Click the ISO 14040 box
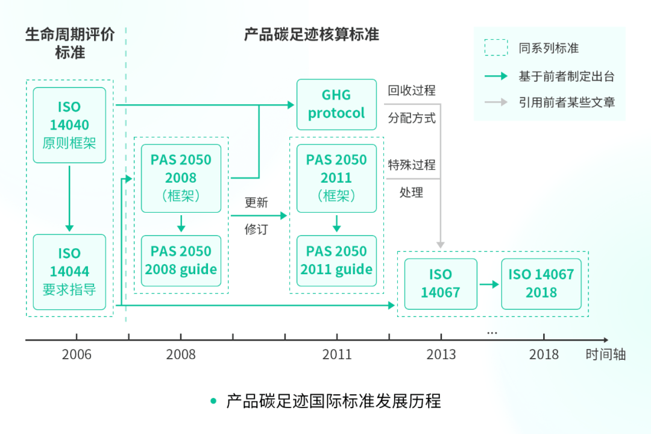coord(69,125)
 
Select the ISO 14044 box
coord(69,272)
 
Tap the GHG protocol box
coord(336,104)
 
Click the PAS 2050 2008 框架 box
coord(181,178)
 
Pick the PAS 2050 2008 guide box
coord(181,260)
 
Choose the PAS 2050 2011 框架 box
coord(336,178)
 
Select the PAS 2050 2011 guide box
coord(336,260)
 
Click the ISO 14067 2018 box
coord(541,284)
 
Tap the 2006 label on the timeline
coord(77,354)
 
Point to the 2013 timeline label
coord(441,354)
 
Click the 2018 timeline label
coord(544,354)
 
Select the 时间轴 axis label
coord(606,354)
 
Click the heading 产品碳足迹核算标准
coord(311,34)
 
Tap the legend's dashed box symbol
coord(496,48)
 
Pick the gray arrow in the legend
coord(496,102)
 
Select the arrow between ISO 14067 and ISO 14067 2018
coord(489,284)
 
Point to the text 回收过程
coord(412,91)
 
